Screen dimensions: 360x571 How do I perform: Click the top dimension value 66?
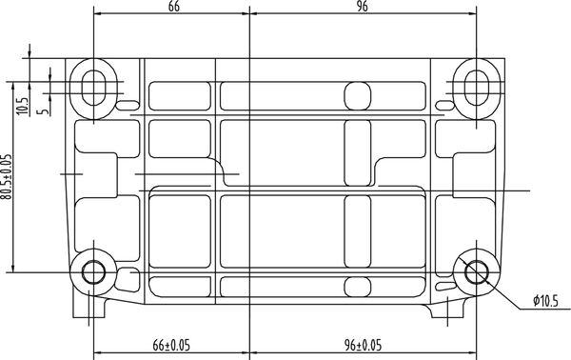(x=173, y=7)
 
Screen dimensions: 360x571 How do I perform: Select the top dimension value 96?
(x=363, y=7)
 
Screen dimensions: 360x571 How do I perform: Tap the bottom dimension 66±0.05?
(x=171, y=344)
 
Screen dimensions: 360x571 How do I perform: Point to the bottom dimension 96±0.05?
(x=363, y=344)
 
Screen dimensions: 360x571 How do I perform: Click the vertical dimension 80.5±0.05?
(x=8, y=176)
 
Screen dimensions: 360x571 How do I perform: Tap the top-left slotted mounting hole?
(x=93, y=85)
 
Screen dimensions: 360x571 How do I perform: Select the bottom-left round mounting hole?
(x=93, y=272)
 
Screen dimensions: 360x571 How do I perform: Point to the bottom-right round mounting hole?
(x=476, y=272)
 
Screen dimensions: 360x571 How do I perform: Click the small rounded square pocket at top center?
(x=357, y=94)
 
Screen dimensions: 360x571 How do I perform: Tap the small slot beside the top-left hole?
(x=127, y=103)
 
